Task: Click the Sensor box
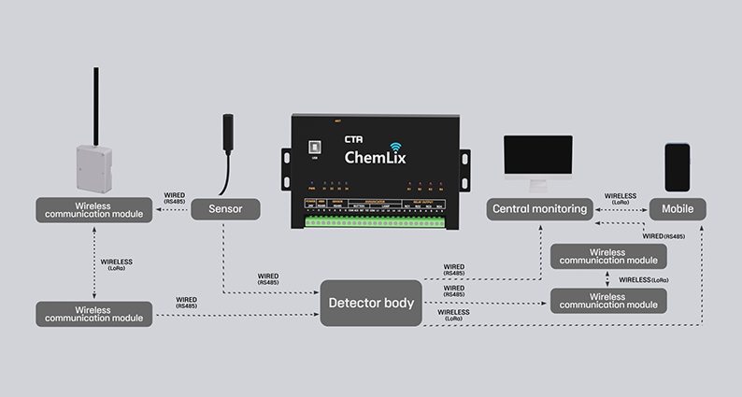pos(225,209)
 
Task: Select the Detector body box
pos(371,303)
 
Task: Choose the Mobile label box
pos(678,209)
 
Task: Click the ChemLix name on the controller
pos(375,157)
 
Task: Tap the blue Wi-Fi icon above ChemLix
pos(395,146)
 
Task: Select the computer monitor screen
pos(537,155)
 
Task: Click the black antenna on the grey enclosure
pos(95,105)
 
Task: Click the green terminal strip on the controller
pos(374,222)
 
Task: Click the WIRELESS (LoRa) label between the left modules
pos(116,264)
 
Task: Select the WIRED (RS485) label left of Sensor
pos(175,198)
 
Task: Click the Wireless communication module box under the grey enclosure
pos(93,209)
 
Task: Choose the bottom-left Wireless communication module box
pos(93,314)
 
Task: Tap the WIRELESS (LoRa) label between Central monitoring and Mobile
pos(621,198)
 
